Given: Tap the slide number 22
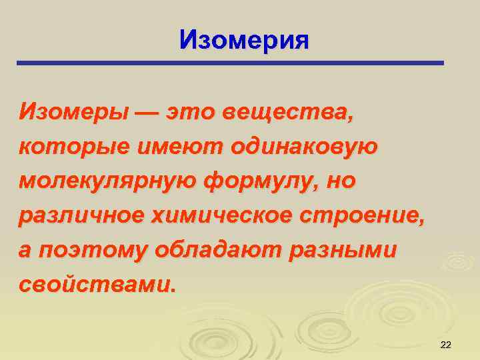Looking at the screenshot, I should click(446, 344).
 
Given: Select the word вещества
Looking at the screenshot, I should click(298, 111).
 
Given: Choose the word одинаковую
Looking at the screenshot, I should click(303, 145).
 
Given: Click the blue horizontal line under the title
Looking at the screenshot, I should click(230, 63).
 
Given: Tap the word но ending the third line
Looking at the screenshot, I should click(339, 181).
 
